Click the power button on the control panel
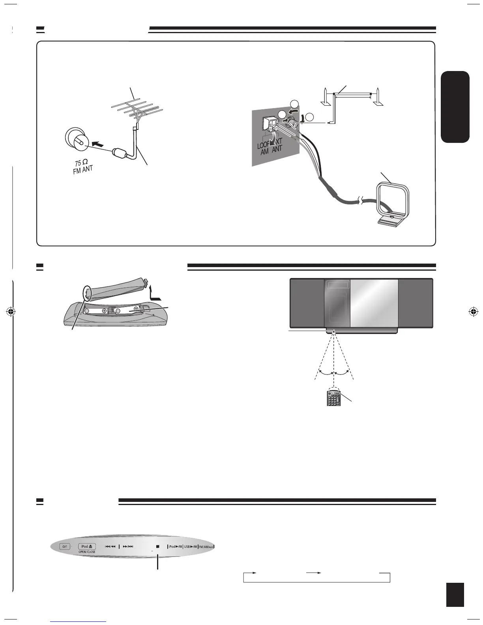click(x=64, y=546)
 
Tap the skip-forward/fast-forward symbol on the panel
click(x=128, y=546)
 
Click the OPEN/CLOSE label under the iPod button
click(x=86, y=552)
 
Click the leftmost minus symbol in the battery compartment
click(x=86, y=311)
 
